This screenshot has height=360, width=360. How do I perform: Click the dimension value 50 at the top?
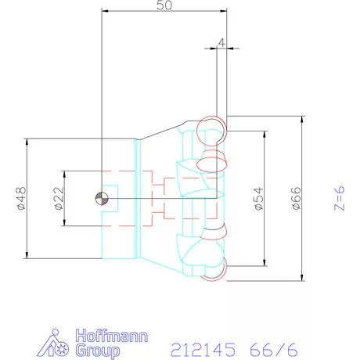pos(164,5)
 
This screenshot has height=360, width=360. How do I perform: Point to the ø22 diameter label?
pos(57,199)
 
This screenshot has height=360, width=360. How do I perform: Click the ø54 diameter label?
pos(258,198)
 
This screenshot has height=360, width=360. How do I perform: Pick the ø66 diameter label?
pos(296,198)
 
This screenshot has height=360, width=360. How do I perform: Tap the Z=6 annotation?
pos(337,198)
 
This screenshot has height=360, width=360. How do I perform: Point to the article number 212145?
pos(201,345)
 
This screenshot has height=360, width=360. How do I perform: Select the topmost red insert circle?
pos(211,127)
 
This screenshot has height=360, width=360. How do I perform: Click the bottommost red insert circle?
pos(212,268)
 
